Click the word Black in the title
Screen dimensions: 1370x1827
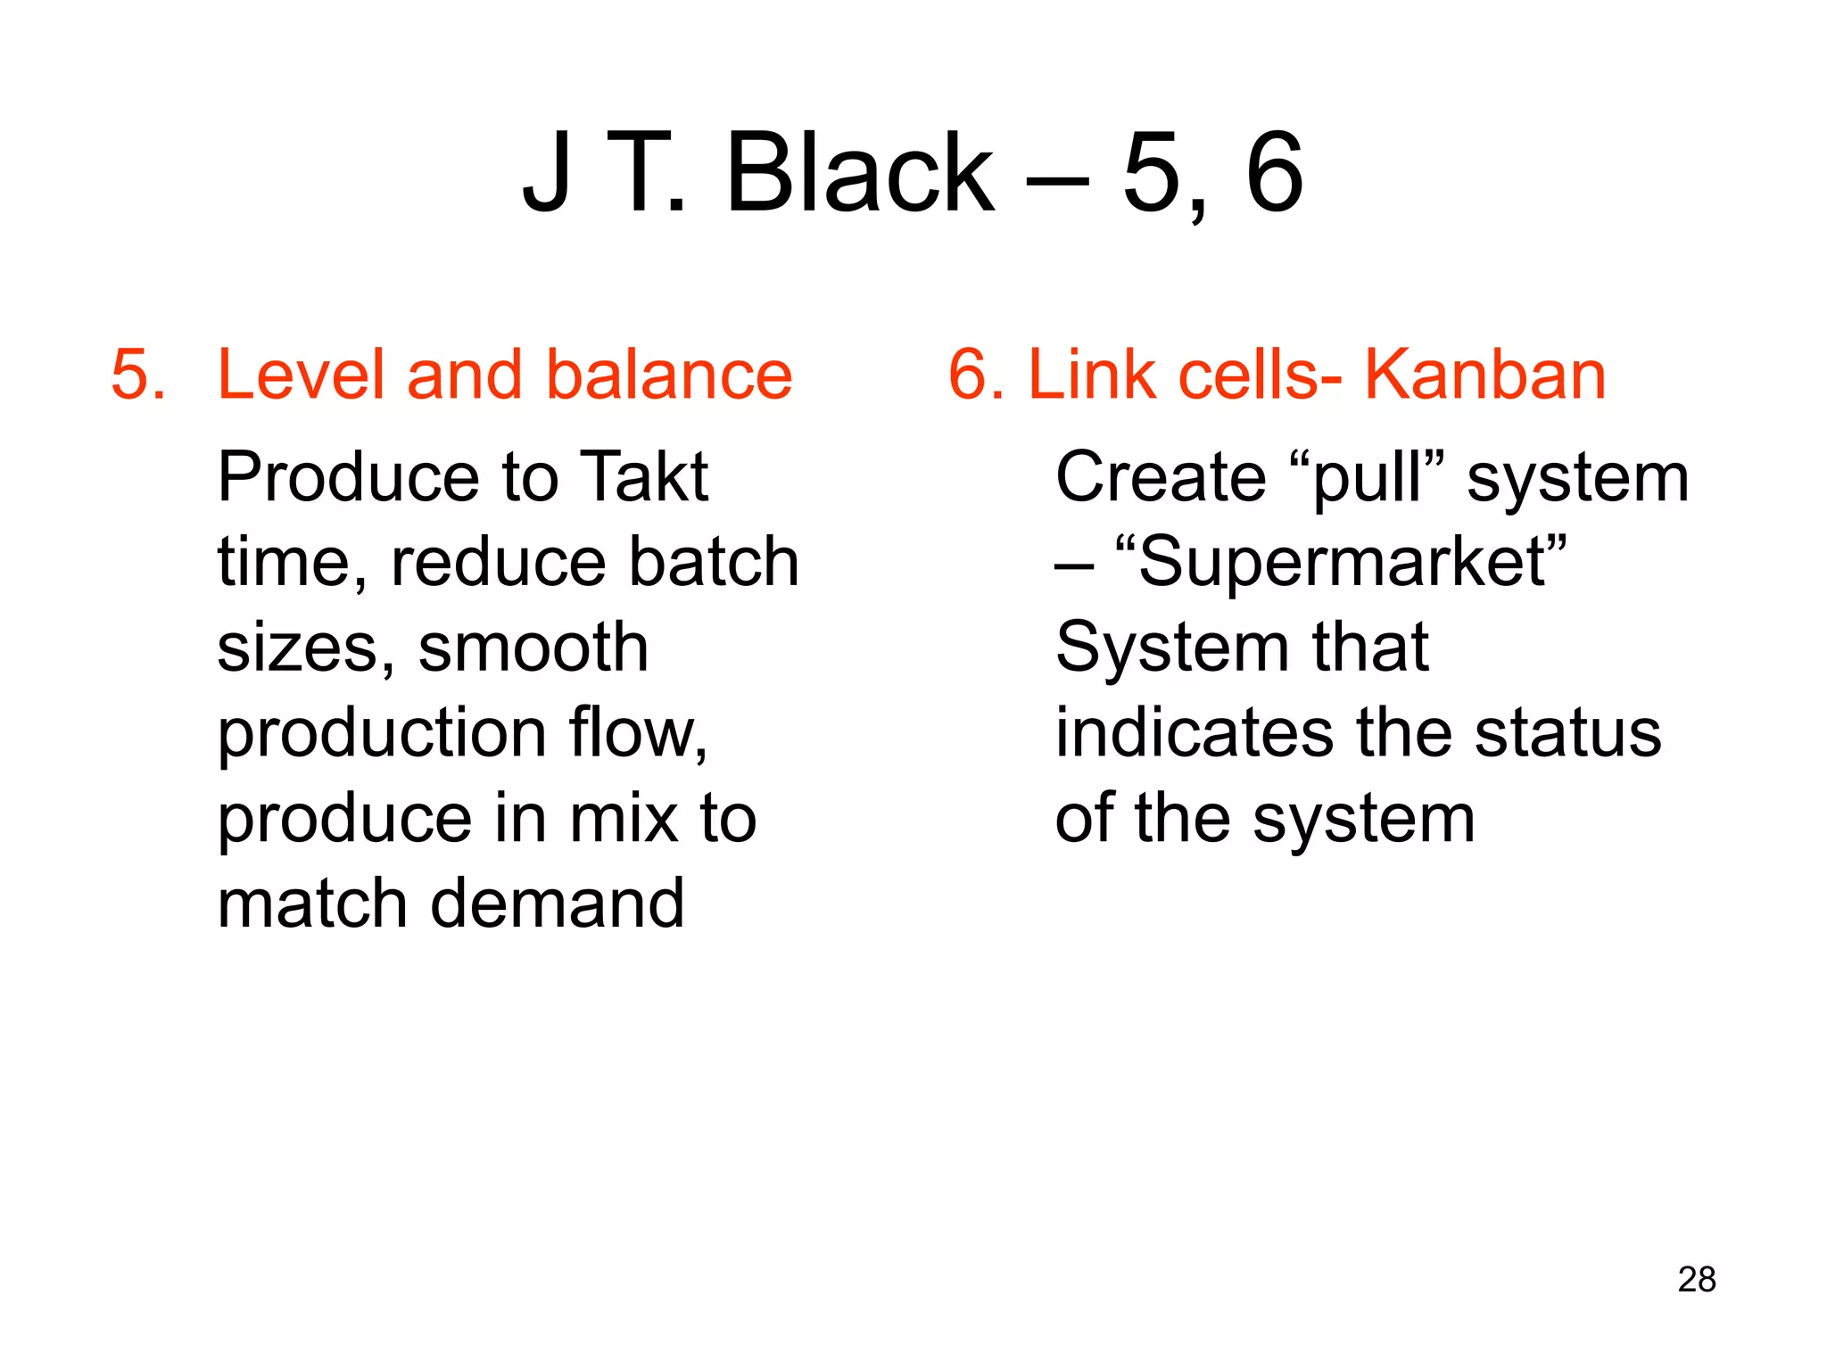(860, 173)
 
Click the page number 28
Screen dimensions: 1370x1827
(1696, 1279)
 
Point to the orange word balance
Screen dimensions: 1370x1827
(668, 375)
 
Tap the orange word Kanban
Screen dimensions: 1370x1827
(1485, 375)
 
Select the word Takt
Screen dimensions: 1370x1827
(643, 477)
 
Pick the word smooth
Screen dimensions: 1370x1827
(533, 648)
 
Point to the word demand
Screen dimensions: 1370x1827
(558, 904)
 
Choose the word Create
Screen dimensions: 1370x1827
(1160, 477)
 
